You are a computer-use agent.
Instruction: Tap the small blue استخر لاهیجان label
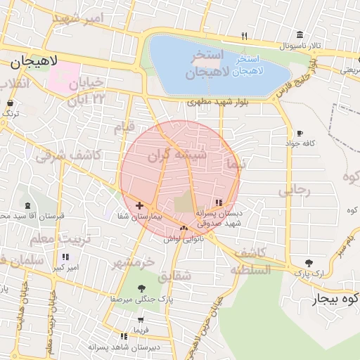tap(247, 65)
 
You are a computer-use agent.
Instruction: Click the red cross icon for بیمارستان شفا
tap(139, 206)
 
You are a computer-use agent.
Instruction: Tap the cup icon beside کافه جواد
tap(300, 132)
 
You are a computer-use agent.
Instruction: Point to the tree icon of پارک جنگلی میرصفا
tap(142, 288)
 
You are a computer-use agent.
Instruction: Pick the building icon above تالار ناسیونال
tap(300, 35)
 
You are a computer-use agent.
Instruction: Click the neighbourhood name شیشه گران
tap(178, 155)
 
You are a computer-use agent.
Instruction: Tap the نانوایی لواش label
tap(184, 239)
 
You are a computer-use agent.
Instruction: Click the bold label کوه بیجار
tap(337, 300)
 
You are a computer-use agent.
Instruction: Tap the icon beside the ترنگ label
tap(10, 103)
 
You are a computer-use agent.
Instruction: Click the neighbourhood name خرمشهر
tap(133, 262)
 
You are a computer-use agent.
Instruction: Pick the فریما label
tap(133, 329)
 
